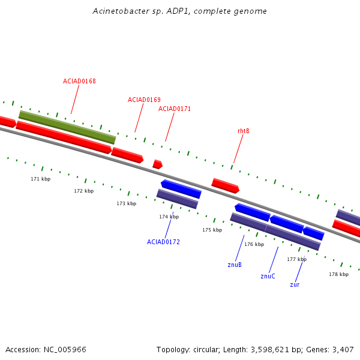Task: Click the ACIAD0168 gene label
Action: (79, 81)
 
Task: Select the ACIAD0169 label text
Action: (144, 100)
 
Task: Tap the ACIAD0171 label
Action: (175, 109)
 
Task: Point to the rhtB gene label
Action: (244, 131)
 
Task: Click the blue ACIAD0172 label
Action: (163, 242)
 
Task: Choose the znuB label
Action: (235, 265)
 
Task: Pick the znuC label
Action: (268, 277)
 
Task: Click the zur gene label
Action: (295, 284)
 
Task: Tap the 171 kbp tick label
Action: (41, 179)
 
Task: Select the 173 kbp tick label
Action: (126, 203)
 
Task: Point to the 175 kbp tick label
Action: (212, 230)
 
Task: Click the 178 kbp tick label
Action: (338, 274)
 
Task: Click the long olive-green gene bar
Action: (67, 127)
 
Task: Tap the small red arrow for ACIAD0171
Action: (157, 164)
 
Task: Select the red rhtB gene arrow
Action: (226, 185)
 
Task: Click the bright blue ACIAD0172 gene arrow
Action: (181, 188)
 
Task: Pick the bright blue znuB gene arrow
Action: (252, 212)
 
